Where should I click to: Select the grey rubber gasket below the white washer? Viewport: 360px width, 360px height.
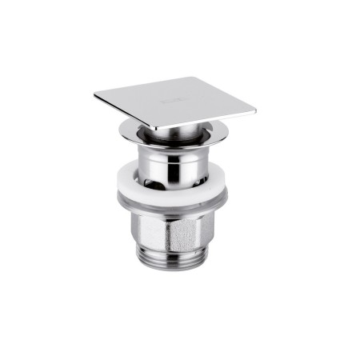172,206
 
